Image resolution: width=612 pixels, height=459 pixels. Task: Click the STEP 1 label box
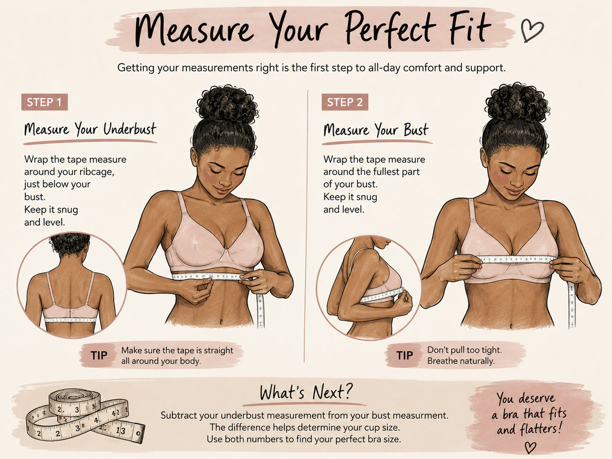point(44,102)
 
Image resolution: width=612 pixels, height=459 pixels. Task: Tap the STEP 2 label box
point(345,102)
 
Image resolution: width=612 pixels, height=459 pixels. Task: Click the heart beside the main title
point(532,31)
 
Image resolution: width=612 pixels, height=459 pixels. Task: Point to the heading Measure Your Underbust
point(90,130)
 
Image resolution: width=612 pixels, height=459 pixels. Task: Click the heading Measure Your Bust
point(375,130)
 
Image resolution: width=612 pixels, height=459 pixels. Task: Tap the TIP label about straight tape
point(99,355)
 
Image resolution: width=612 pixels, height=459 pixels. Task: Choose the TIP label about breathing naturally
point(404,355)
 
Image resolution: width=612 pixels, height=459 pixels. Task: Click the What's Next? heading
point(306,392)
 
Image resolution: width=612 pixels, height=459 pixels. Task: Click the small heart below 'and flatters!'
point(530,448)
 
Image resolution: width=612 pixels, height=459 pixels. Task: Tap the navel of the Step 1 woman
point(222,322)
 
